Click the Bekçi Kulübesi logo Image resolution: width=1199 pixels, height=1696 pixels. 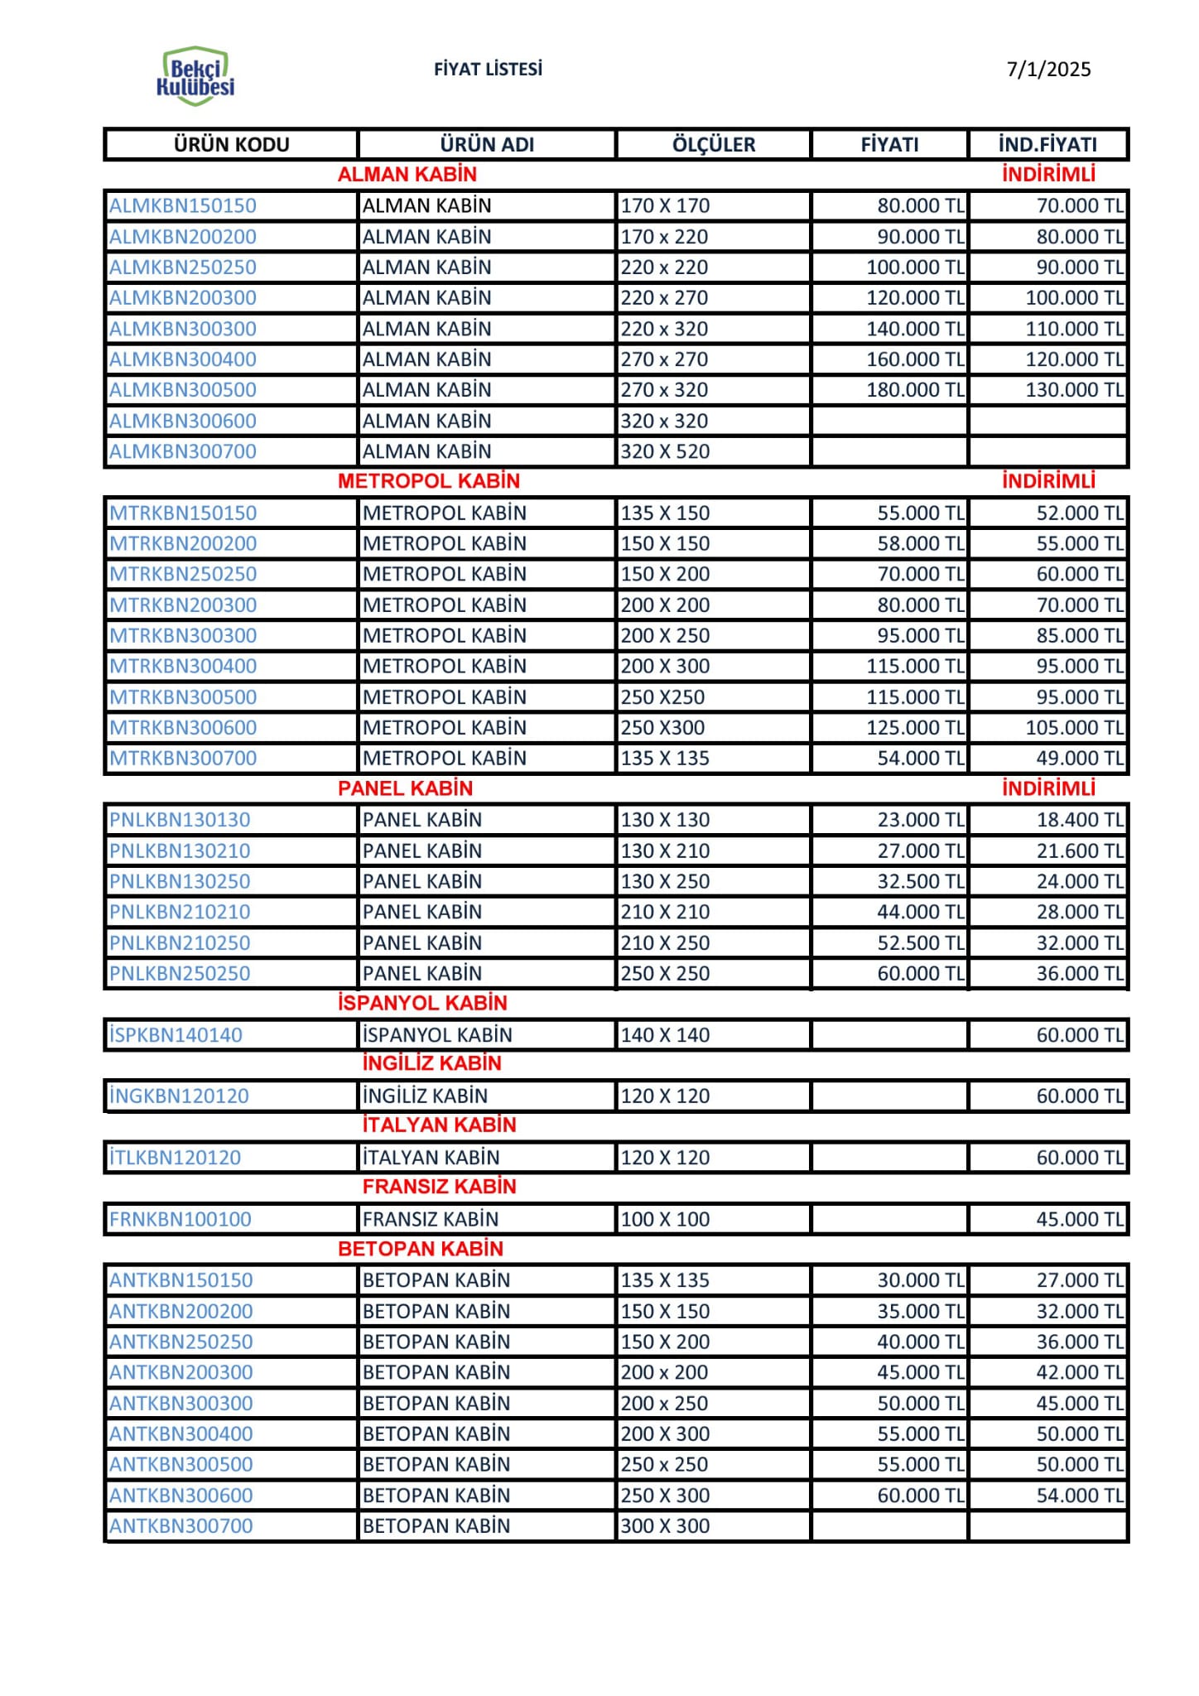195,76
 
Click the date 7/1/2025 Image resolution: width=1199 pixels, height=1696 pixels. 1048,70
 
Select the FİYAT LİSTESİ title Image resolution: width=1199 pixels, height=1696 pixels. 488,70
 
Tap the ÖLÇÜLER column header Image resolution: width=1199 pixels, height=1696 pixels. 713,145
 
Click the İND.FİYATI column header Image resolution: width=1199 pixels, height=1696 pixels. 1047,145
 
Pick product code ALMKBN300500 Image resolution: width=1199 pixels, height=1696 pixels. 183,390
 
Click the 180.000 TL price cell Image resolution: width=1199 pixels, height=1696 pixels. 915,390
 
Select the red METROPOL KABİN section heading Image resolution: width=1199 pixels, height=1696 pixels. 429,481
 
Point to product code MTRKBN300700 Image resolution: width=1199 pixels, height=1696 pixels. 183,759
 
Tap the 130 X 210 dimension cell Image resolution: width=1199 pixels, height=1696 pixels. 665,850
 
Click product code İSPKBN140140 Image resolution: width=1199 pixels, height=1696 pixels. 176,1035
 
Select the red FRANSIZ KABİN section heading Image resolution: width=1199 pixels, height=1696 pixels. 439,1187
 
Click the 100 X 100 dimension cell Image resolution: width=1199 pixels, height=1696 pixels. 665,1219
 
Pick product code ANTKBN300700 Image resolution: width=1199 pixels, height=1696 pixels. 181,1526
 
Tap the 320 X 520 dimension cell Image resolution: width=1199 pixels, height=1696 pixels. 665,452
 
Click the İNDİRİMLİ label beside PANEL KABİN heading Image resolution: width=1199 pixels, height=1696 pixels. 1048,788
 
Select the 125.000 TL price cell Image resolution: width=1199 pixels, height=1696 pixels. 915,728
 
